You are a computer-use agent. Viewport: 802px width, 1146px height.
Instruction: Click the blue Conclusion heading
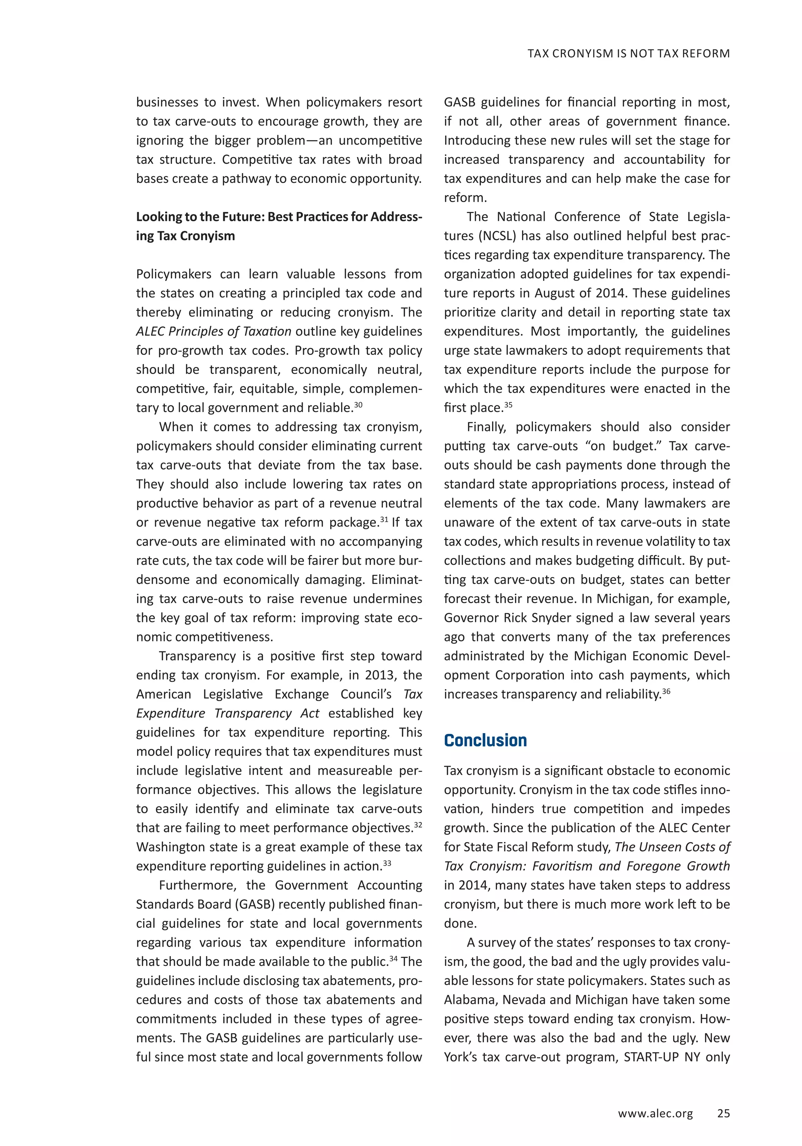point(485,740)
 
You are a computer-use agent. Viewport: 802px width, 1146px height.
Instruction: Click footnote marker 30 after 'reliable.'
point(358,405)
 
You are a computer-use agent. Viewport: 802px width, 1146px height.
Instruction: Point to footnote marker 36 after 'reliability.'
point(666,691)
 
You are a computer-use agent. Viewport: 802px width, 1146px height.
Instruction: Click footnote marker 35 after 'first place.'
point(508,405)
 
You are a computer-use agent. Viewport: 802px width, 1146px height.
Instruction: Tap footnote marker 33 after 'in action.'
point(387,863)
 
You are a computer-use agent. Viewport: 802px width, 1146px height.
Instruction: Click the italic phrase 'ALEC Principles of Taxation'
point(213,331)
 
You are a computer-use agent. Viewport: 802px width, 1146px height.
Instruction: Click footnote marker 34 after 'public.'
point(393,958)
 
